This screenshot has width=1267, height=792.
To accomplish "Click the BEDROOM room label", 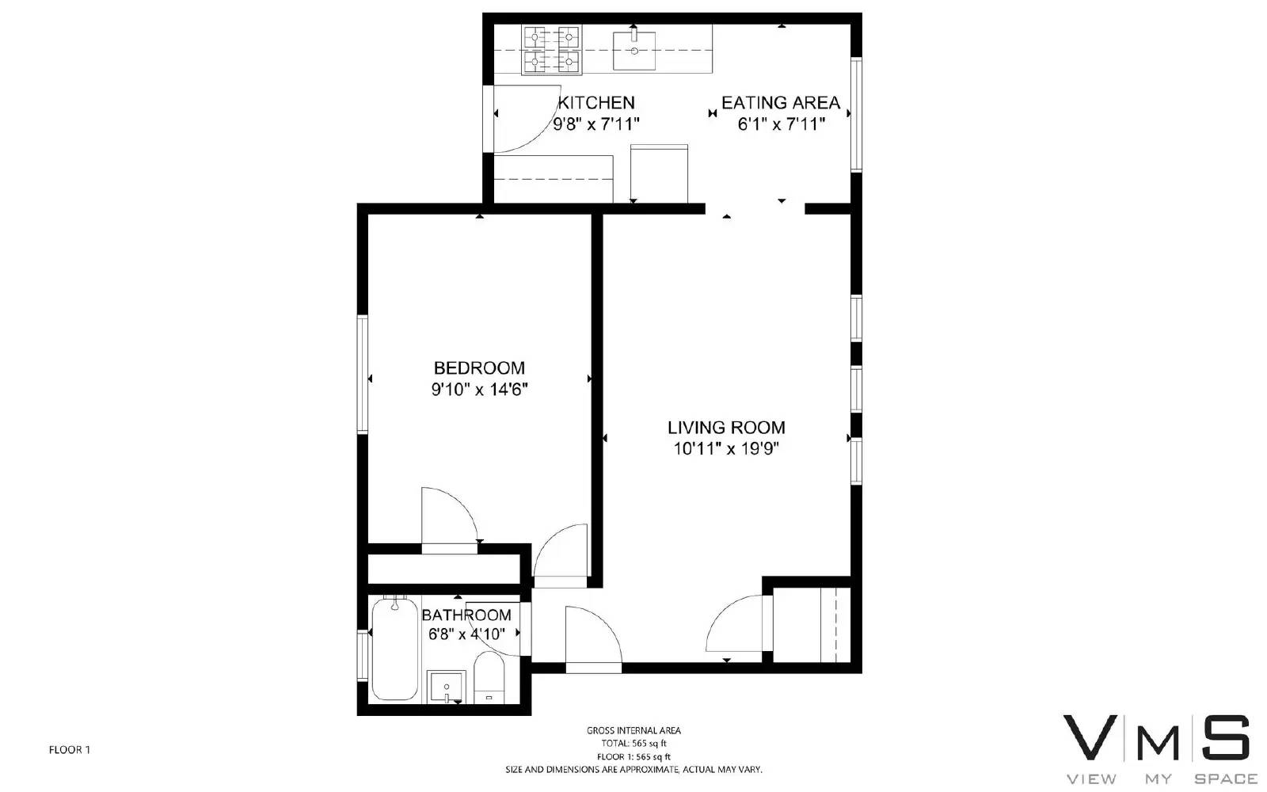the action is coord(479,368).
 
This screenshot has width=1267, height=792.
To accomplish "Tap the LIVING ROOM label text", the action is coord(726,428).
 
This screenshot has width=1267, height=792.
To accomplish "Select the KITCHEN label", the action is coord(596,103).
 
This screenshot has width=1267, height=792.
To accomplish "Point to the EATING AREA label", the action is coord(781,103).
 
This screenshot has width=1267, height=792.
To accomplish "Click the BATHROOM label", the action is coord(466,615).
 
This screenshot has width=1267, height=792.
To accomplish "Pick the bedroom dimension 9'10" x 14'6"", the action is coord(479,390).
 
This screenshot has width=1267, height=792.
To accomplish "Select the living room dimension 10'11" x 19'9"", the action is coord(726,449).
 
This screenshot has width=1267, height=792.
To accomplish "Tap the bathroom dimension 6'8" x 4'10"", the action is coord(466,634).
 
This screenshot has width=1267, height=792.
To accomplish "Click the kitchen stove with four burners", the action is coord(552,50).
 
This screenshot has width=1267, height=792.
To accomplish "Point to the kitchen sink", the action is coord(634,51).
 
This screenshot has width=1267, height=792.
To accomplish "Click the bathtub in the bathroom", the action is coord(395,649).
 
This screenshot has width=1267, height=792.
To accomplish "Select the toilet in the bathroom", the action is coord(489,677).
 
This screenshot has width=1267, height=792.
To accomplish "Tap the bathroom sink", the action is coord(447,687).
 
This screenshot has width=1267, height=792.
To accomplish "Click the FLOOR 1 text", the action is coord(70,750).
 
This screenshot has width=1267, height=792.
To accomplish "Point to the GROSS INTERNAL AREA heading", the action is coord(633,731).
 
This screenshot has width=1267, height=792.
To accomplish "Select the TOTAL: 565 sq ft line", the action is coord(633,744).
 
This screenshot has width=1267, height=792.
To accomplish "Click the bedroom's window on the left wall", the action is coord(363,375).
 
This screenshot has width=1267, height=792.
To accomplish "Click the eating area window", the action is coord(856,114).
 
